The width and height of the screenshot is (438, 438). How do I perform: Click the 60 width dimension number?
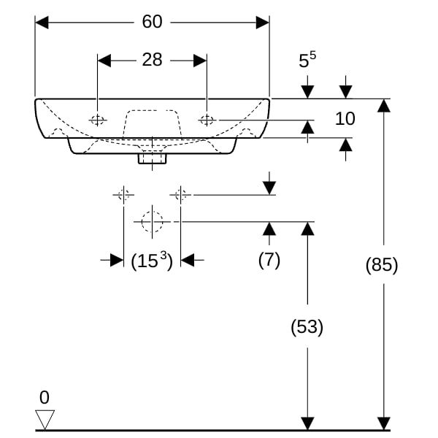click(x=152, y=21)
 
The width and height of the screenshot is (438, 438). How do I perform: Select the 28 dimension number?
click(x=152, y=60)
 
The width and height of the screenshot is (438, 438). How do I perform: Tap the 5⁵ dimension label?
click(x=307, y=59)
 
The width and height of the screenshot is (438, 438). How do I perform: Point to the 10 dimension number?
click(x=345, y=118)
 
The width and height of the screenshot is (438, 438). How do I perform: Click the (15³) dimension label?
click(x=152, y=261)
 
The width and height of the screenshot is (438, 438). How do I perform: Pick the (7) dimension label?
click(x=269, y=260)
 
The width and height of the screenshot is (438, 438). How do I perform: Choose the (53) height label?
click(x=307, y=326)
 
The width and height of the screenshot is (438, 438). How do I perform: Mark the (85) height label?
click(x=382, y=264)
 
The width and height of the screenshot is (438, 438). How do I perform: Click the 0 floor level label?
click(x=45, y=397)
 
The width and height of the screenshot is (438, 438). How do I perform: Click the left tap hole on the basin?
click(x=98, y=120)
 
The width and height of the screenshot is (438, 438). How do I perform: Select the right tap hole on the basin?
click(x=207, y=120)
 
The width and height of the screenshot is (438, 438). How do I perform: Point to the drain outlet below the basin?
click(x=153, y=158)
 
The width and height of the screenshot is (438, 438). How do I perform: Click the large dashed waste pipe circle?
click(x=152, y=222)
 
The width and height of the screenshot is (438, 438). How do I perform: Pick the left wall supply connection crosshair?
click(x=123, y=195)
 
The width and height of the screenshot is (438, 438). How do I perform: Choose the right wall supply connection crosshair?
click(x=180, y=195)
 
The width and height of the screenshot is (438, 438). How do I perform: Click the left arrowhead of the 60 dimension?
click(x=42, y=23)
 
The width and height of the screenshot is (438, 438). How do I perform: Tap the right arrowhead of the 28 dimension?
click(x=200, y=61)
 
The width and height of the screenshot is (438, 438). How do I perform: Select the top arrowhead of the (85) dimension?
click(x=383, y=106)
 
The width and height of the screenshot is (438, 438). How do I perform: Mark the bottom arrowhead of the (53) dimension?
click(x=307, y=423)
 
